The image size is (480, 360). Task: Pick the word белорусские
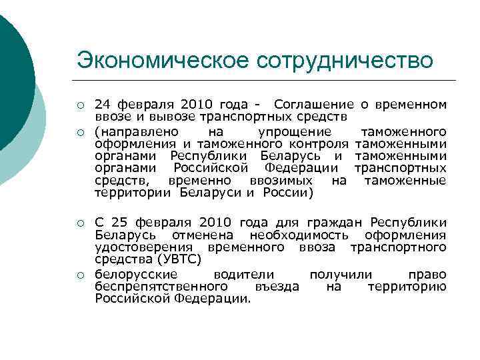click(137, 274)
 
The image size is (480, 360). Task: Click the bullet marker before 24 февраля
click(80, 105)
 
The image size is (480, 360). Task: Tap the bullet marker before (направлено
click(80, 131)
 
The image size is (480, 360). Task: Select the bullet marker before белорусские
click(80, 275)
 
